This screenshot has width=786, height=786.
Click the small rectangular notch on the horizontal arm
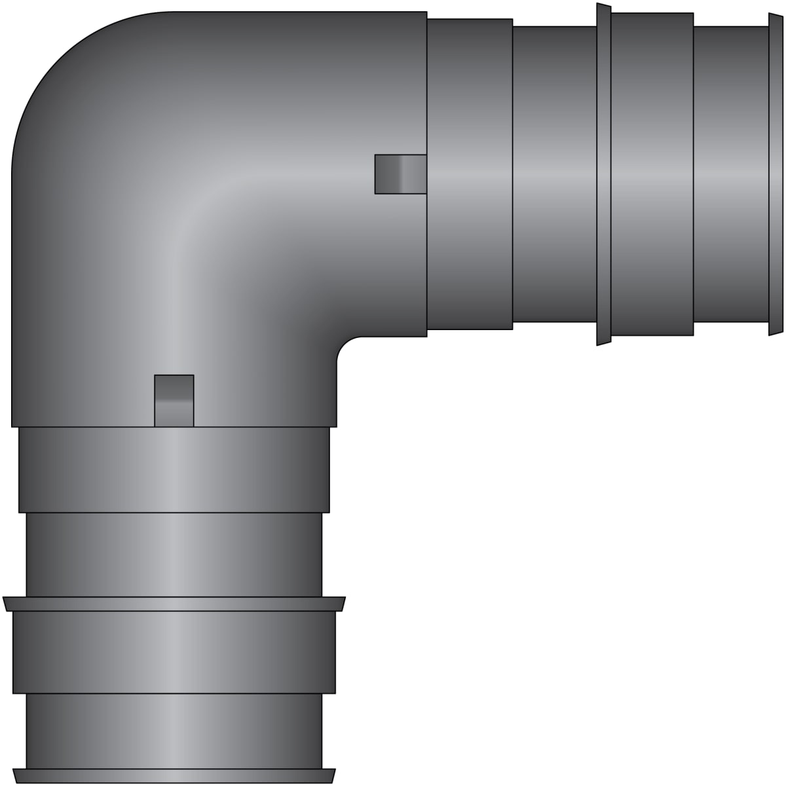tap(400, 174)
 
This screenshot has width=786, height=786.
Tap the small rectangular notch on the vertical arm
tap(174, 400)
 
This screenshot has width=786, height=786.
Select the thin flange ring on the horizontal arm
tap(604, 174)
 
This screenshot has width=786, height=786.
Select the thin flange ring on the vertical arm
tap(174, 604)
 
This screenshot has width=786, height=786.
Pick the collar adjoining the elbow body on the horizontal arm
tap(469, 174)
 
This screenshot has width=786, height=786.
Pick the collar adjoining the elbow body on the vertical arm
tap(174, 469)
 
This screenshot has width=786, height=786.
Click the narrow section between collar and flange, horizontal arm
tap(554, 174)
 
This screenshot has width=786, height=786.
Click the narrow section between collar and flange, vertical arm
tap(174, 554)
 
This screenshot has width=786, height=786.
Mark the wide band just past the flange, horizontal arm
tap(652, 174)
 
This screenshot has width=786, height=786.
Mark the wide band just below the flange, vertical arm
tap(174, 652)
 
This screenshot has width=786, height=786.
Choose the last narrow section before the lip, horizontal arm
tap(730, 174)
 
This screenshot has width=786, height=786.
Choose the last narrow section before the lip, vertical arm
tap(174, 730)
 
